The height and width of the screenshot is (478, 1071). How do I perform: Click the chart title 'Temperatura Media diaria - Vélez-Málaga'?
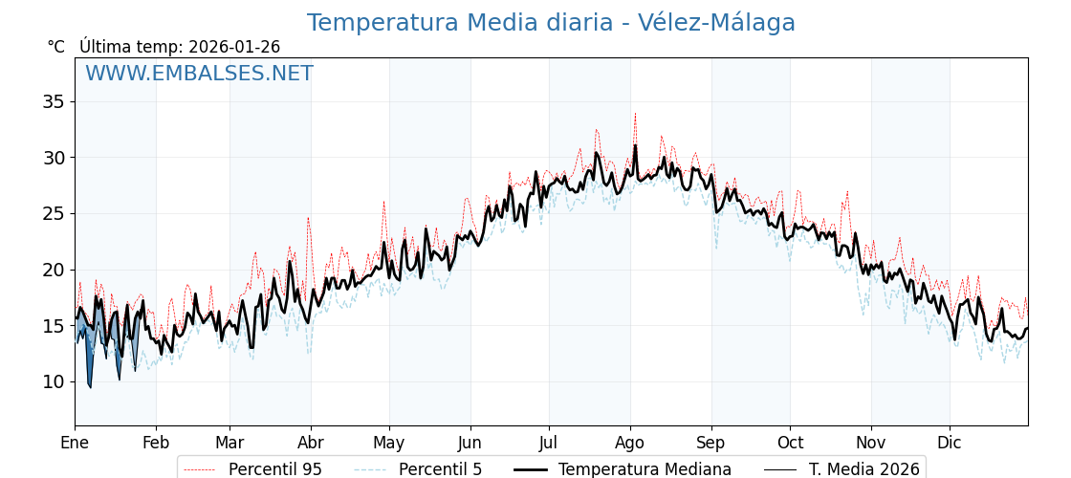point(551,23)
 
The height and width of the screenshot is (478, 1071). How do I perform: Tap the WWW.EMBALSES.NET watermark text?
point(199,74)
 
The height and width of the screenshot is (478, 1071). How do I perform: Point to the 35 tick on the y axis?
point(54,101)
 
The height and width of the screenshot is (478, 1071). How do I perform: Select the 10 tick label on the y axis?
point(54,382)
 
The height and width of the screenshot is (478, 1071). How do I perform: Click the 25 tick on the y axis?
point(54,213)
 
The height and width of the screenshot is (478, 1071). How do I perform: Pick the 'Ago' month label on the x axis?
point(630,443)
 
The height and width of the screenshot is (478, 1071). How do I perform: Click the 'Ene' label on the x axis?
point(75,443)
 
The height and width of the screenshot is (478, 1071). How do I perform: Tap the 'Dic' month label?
point(950,443)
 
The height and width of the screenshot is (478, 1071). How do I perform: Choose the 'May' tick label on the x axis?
point(389,443)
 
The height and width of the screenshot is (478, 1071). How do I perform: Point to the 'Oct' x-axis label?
point(790,443)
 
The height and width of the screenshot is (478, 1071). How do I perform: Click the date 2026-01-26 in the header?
point(234,47)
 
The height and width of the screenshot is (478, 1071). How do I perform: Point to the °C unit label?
point(55,47)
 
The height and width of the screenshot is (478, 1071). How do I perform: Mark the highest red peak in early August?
point(635,114)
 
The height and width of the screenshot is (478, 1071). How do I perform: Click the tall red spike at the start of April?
point(308,218)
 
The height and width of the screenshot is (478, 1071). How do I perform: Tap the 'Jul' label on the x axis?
point(549,443)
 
